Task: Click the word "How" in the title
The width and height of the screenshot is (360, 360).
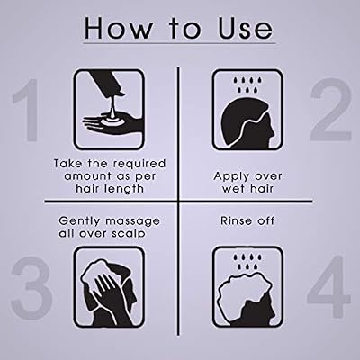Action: (x=118, y=28)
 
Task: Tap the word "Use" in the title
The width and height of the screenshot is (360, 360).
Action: (x=246, y=28)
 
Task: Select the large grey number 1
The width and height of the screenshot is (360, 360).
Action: (x=26, y=110)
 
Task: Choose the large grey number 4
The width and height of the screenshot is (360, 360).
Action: (x=328, y=286)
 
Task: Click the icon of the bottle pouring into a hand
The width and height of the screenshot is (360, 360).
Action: (x=109, y=110)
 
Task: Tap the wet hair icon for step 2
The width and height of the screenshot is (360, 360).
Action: (x=247, y=110)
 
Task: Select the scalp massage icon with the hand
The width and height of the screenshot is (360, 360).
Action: (x=109, y=287)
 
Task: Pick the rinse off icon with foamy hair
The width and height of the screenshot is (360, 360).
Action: (x=247, y=287)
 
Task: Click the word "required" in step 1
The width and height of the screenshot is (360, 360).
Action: (x=139, y=165)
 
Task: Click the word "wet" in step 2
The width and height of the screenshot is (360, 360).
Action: (x=233, y=190)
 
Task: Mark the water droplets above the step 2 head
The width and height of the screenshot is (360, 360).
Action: (x=247, y=85)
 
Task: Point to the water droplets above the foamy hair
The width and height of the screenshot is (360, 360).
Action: (x=247, y=262)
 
